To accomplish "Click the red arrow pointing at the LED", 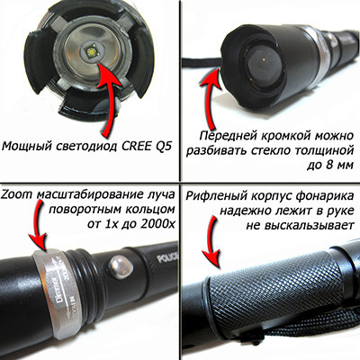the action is [112, 96].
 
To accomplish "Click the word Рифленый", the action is [216, 196].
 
